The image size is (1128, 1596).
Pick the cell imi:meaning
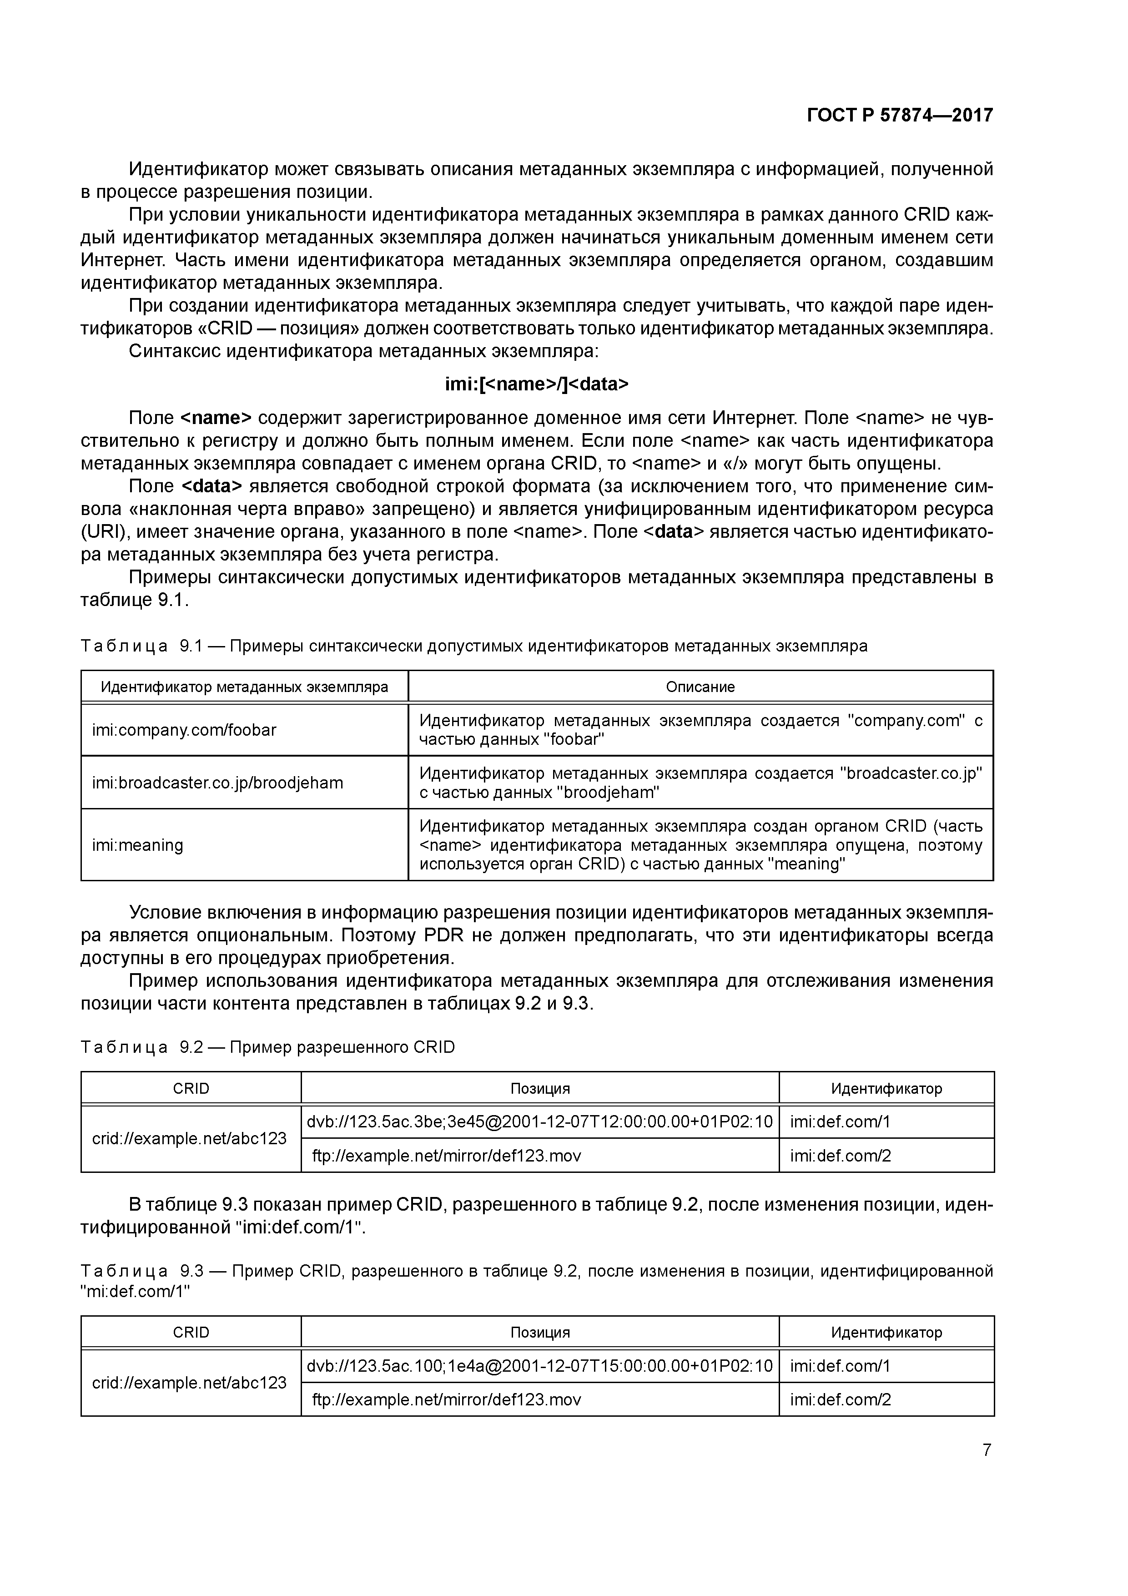[x=138, y=845]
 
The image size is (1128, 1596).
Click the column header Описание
[x=700, y=687]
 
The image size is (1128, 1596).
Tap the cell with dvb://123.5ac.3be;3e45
[x=539, y=1121]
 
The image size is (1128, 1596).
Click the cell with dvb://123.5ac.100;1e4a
[x=539, y=1365]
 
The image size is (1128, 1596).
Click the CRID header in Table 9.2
[x=191, y=1088]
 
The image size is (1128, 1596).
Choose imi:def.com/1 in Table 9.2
[x=840, y=1121]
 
